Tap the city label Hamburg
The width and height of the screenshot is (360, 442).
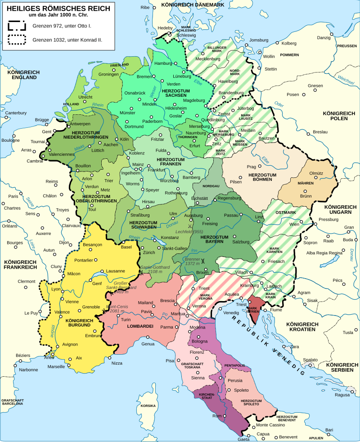coord(163,63)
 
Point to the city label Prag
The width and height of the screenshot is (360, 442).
coord(251,167)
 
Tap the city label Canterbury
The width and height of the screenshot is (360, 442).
coord(16,113)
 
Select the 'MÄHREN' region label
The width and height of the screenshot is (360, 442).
coord(306,183)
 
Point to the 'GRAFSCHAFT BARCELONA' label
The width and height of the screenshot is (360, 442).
coord(12,402)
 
